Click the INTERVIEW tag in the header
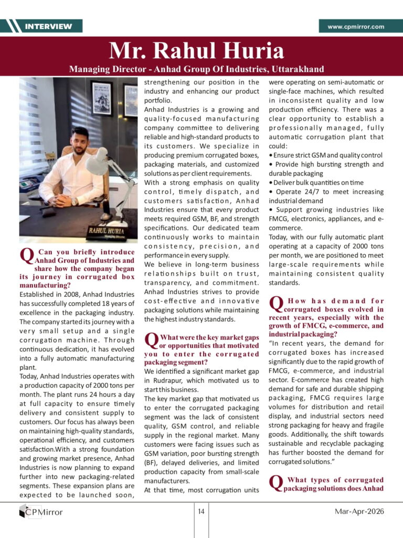pos(48,26)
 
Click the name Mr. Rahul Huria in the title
pos(196,51)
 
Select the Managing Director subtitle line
pos(196,69)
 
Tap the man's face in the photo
pos(80,141)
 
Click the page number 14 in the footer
pos(201,511)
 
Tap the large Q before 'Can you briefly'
pos(26,256)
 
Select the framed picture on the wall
pos(101,98)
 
